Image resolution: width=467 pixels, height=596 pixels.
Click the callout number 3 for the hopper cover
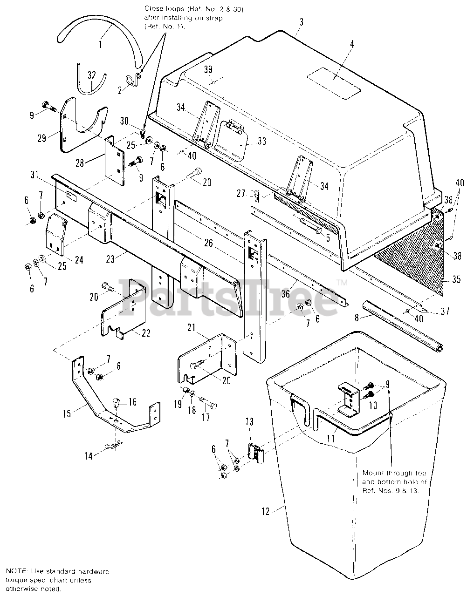[302, 21]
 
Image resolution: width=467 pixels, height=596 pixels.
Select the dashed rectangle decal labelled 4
[336, 82]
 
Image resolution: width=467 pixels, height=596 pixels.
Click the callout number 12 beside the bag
[265, 511]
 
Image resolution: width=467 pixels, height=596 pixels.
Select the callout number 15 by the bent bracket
[68, 413]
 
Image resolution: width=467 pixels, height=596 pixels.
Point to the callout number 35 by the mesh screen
[456, 279]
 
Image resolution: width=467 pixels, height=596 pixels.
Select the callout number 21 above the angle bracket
[191, 329]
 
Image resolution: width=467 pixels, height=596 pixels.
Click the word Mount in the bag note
[373, 473]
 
